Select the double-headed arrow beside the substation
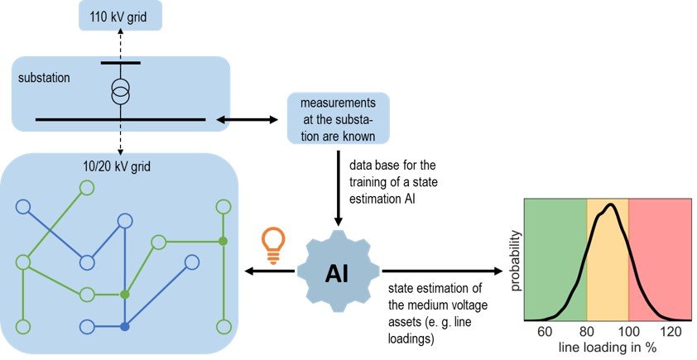[x=246, y=121]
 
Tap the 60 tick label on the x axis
[x=545, y=331]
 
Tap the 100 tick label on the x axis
[x=628, y=331]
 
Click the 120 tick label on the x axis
[x=671, y=331]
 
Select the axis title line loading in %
[x=608, y=348]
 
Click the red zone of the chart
[x=659, y=248]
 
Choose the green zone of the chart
[x=555, y=248]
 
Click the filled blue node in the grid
[x=124, y=326]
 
